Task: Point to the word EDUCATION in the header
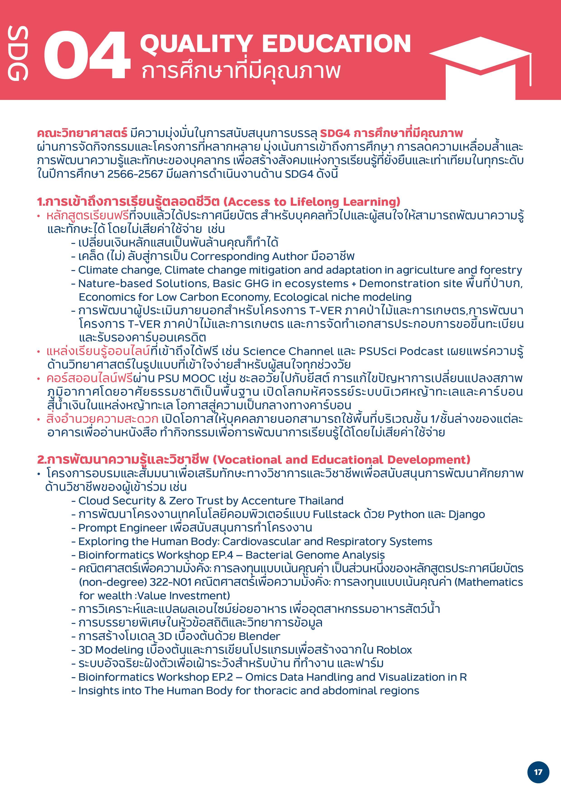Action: click(x=336, y=44)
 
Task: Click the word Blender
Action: click(x=259, y=636)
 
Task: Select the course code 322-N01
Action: click(x=170, y=582)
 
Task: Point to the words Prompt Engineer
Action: click(x=123, y=528)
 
